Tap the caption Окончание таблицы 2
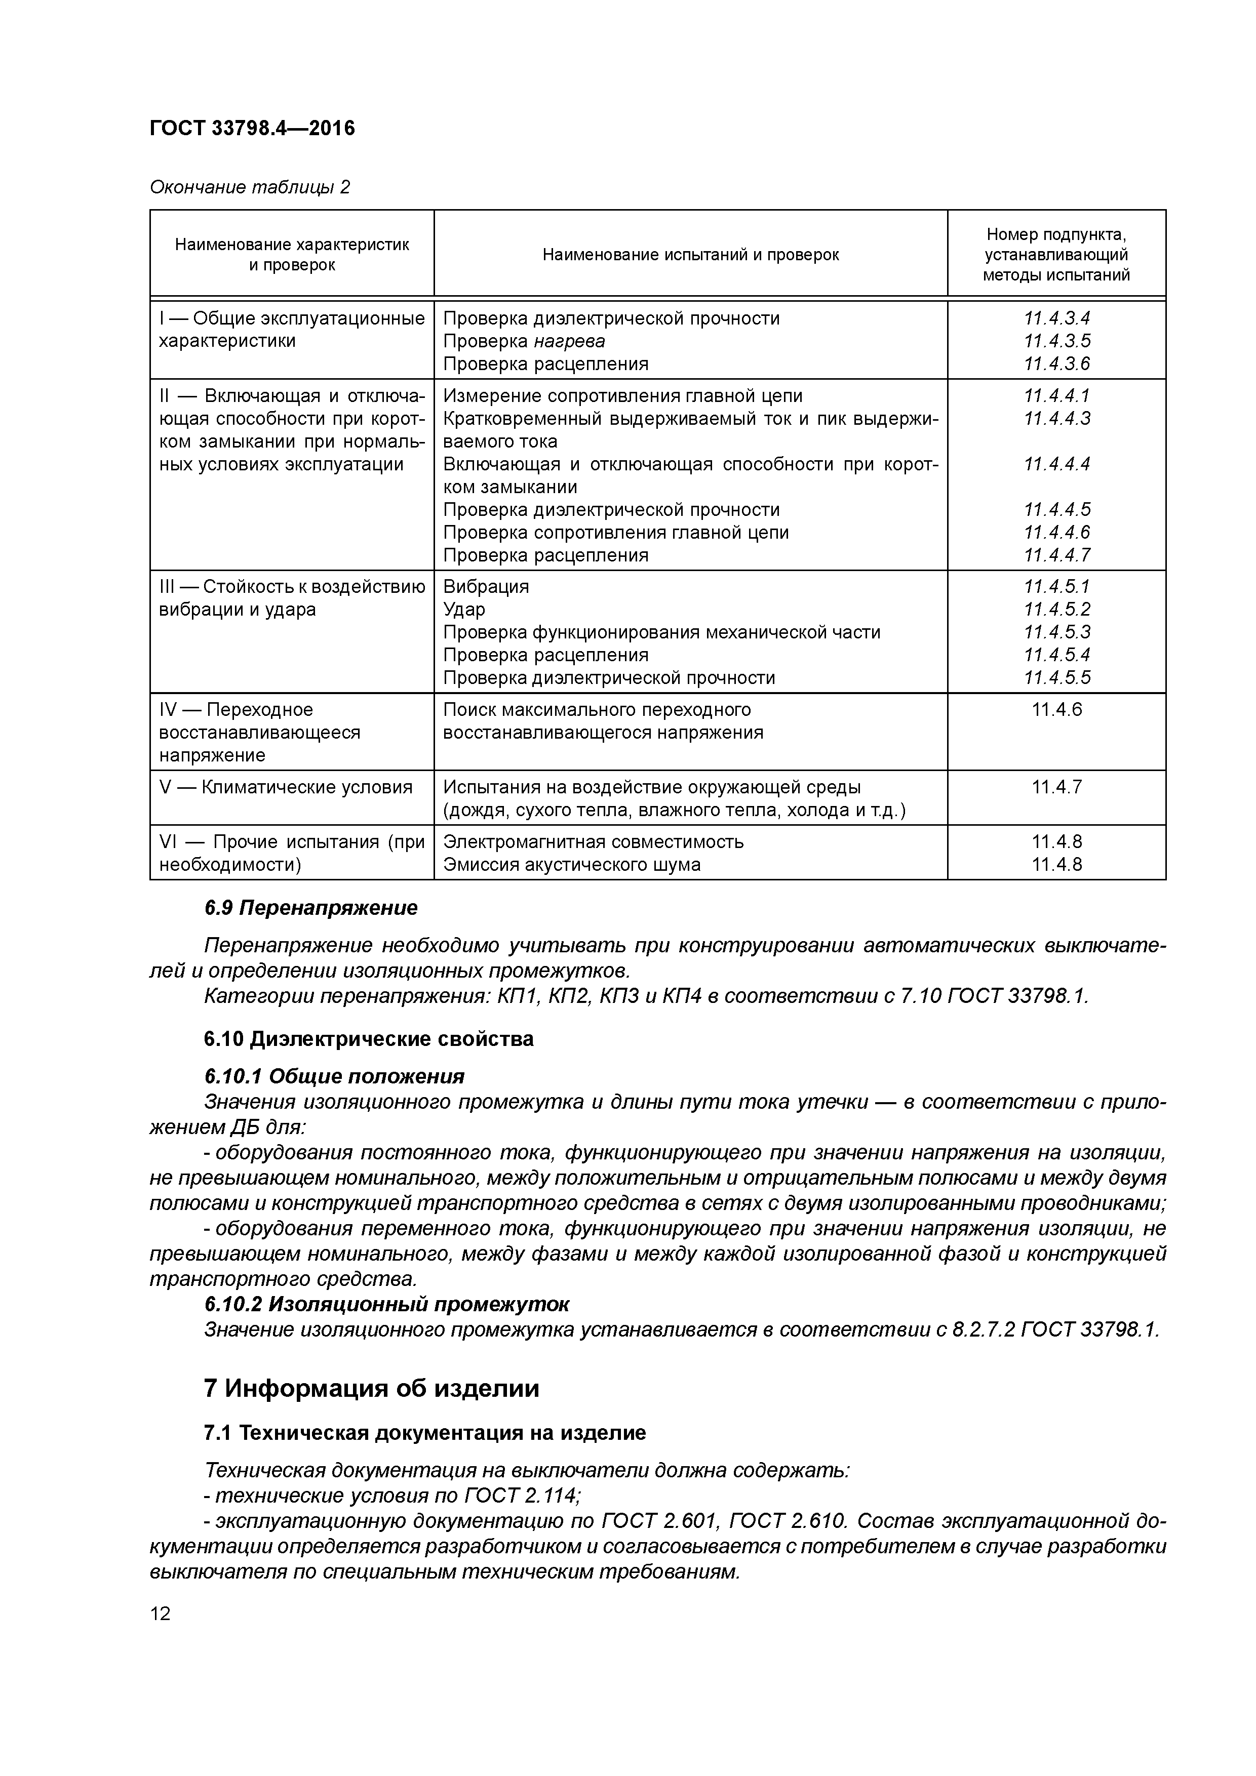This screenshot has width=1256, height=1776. pos(249,187)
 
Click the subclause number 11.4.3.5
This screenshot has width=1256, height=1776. pos(1056,341)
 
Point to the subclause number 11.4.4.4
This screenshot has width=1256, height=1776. pos(1056,464)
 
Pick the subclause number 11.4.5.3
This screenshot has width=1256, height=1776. pos(1056,632)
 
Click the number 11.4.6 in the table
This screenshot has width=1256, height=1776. pos(1056,709)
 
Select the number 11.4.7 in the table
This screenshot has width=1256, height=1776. pos(1056,787)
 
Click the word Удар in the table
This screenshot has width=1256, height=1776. pos(464,610)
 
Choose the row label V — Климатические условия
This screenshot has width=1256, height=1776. pos(286,787)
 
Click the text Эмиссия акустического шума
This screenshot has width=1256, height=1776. pos(571,865)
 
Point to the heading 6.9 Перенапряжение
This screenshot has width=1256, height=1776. pos(310,908)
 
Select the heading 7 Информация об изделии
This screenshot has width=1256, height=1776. pos(371,1389)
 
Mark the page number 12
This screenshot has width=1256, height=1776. pos(160,1613)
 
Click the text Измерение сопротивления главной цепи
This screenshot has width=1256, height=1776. pos(622,396)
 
